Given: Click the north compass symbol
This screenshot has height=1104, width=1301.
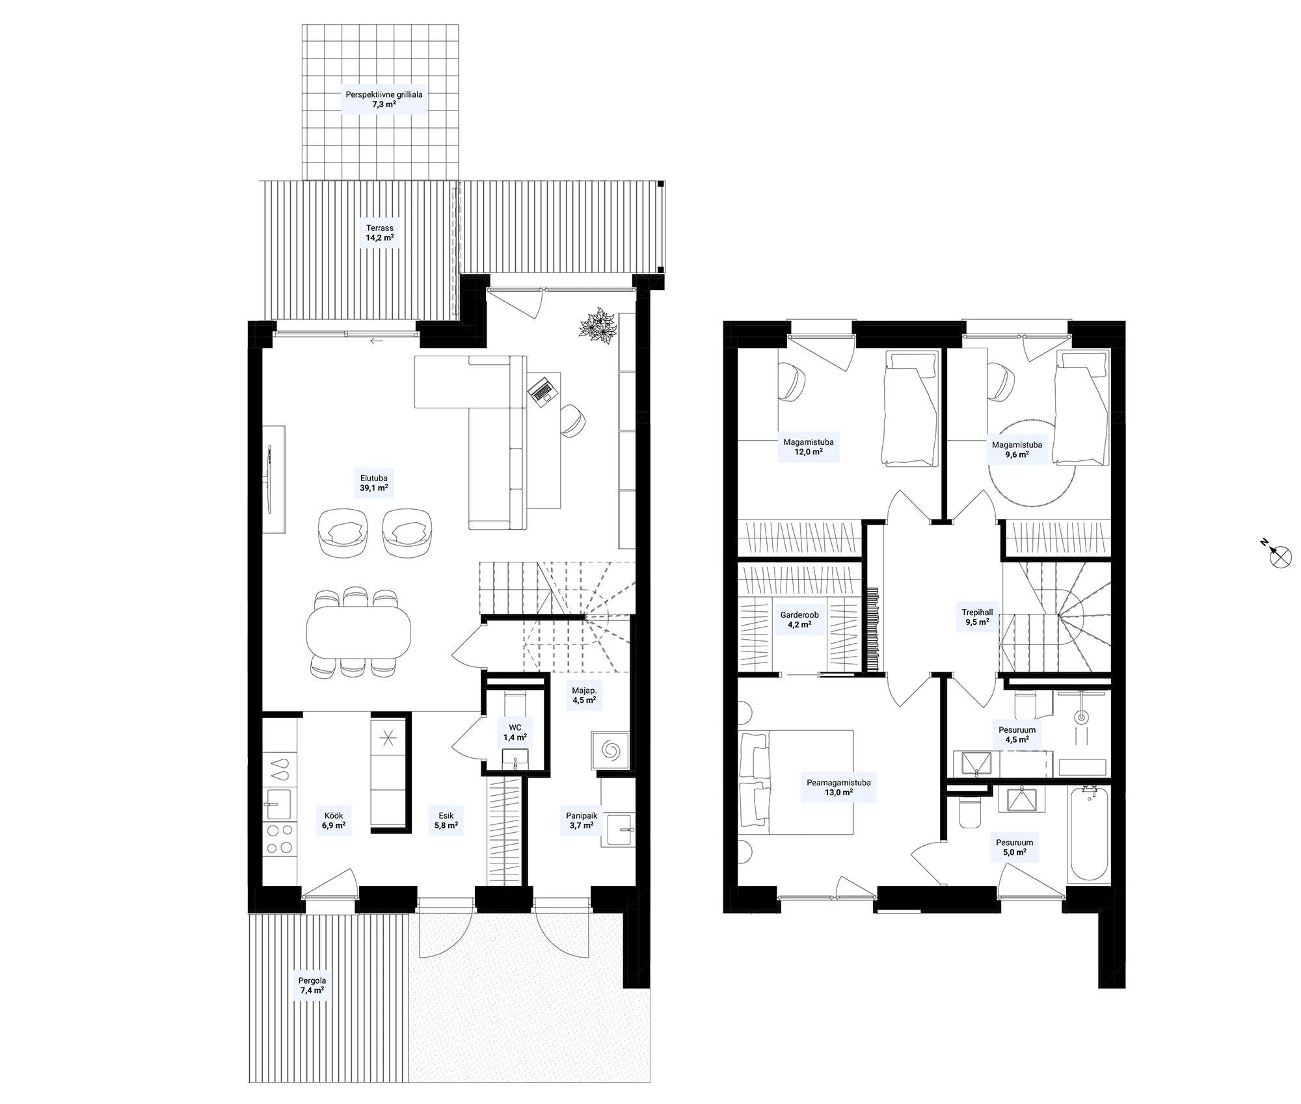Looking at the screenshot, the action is click(x=1280, y=553).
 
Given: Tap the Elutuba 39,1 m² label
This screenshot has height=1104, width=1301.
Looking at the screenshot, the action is click(x=373, y=483).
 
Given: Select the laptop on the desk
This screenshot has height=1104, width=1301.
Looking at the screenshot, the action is click(x=543, y=389).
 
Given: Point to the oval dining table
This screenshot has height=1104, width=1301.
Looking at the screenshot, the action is click(x=358, y=631).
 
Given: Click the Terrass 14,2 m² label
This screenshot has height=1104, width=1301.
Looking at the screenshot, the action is click(x=379, y=233).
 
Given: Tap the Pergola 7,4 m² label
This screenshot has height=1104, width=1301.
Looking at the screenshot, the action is click(x=312, y=986).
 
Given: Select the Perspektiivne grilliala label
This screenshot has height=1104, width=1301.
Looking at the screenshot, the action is click(x=384, y=94).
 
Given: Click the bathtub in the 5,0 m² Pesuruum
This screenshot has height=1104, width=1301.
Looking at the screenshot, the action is click(x=1088, y=834).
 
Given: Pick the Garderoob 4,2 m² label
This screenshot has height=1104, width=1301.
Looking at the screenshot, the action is click(x=799, y=620).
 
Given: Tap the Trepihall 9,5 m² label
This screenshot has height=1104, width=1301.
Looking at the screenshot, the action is click(x=977, y=617).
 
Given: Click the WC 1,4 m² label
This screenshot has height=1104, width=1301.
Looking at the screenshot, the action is click(x=515, y=733).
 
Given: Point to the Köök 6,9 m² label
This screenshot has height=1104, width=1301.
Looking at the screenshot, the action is click(x=333, y=821).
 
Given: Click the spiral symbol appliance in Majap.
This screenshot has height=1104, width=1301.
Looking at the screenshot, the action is click(x=611, y=751).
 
